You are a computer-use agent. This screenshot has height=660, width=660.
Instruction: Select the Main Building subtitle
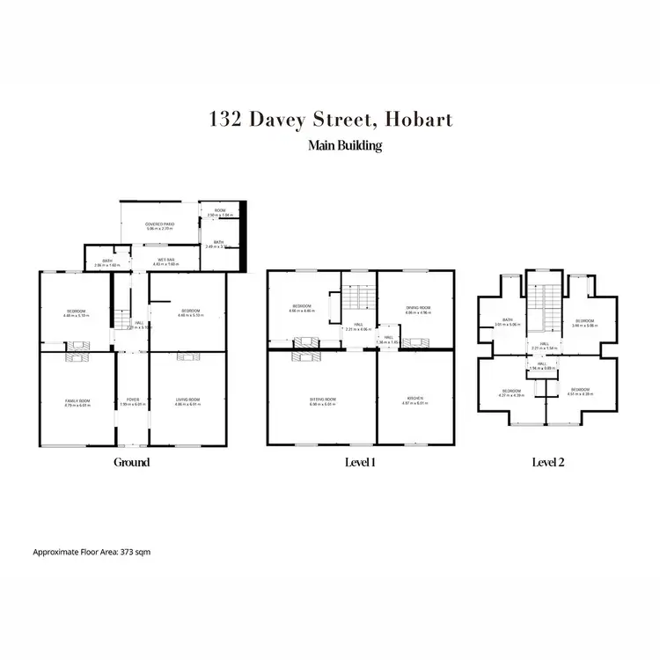345,146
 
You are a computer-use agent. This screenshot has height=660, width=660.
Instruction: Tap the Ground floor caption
131,462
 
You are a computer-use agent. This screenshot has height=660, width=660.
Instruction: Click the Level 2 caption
549,462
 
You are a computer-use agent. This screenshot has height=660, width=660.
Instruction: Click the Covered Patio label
159,225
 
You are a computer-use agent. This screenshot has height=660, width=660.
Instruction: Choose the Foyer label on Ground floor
131,400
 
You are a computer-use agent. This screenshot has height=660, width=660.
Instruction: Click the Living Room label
187,400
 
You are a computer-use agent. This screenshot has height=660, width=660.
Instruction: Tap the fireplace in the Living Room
187,356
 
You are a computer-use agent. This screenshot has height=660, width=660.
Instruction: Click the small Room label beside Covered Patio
220,211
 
